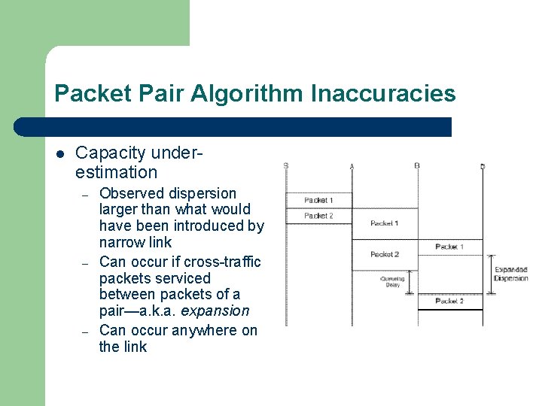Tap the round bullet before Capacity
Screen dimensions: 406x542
[x=60, y=154]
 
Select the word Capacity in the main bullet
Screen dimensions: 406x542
[x=110, y=153]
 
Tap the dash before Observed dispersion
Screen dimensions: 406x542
[x=86, y=195]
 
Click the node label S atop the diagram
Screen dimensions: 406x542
[x=286, y=166]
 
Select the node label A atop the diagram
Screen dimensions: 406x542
[x=352, y=166]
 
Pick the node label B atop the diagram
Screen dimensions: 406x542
[x=417, y=166]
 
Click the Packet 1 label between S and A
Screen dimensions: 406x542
[x=318, y=201]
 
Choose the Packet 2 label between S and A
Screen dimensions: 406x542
[x=318, y=217]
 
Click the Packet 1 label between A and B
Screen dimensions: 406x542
[x=384, y=223]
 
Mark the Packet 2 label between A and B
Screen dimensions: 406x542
[x=384, y=254]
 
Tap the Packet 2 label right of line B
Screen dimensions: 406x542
[x=449, y=301]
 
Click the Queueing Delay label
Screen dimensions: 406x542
[x=392, y=282]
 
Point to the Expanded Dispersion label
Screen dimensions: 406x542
[x=510, y=274]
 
